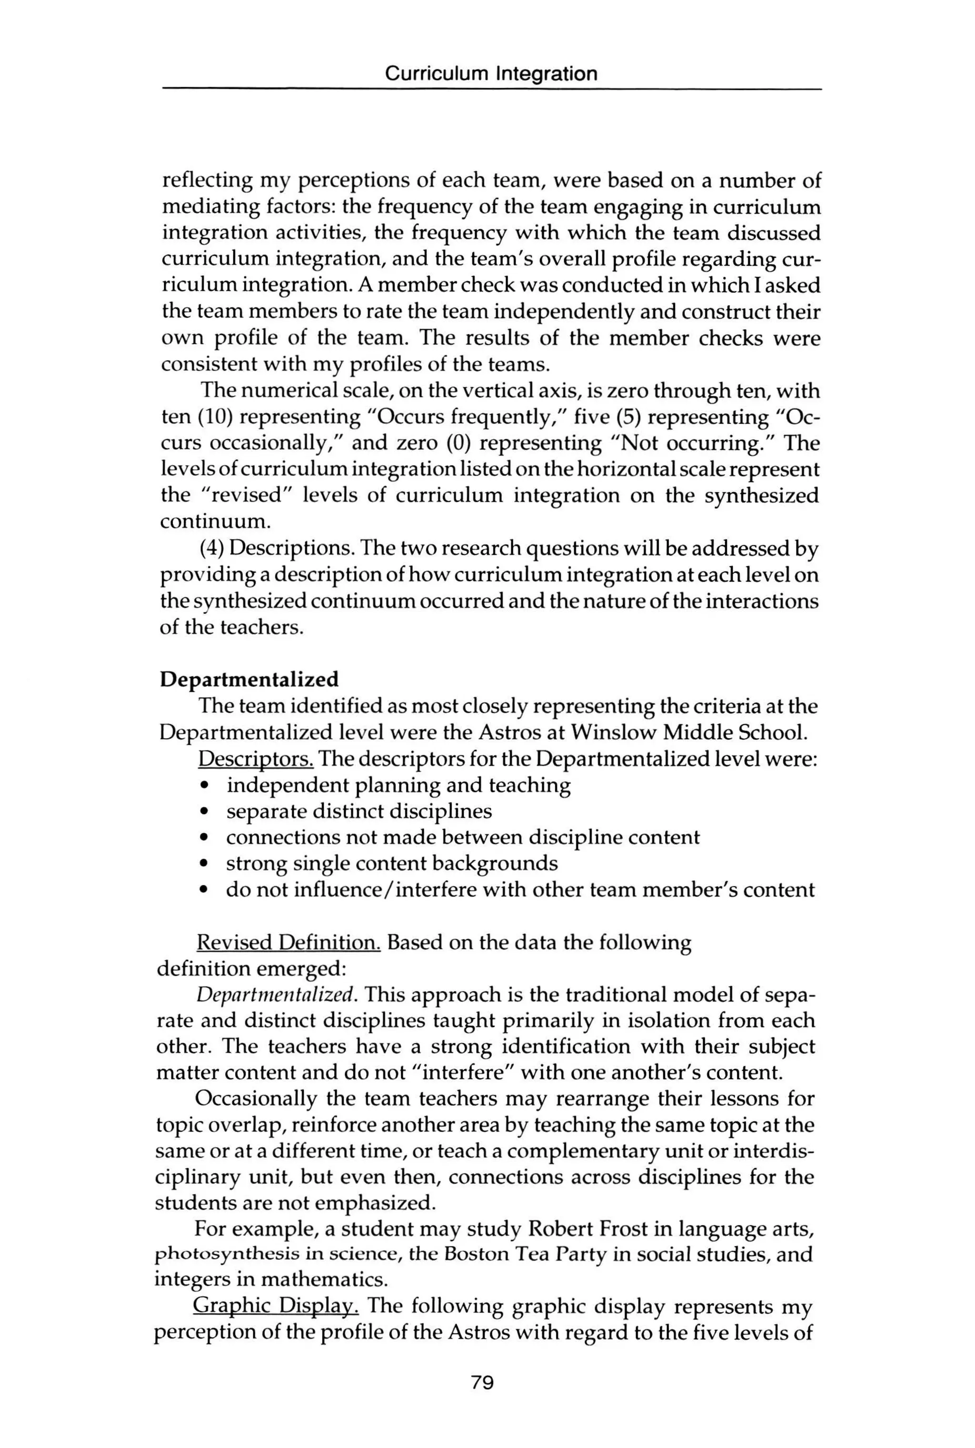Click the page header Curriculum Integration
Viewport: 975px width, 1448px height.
point(491,74)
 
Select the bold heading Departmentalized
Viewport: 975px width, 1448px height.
point(249,679)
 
